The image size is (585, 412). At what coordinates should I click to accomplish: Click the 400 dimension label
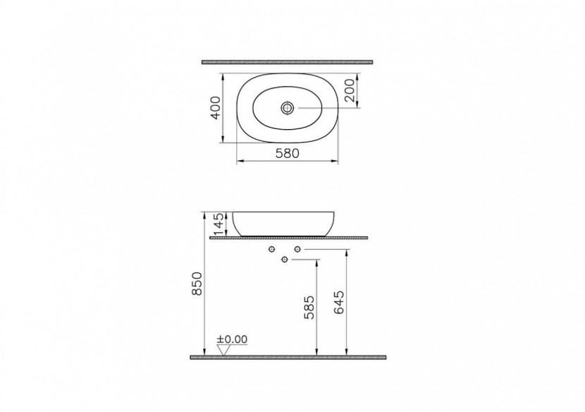coord(216,108)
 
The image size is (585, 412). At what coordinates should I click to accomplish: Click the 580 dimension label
coord(287,153)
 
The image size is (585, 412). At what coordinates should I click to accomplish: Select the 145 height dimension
coord(218,223)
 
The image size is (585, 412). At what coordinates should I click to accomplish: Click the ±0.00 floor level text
coord(233,339)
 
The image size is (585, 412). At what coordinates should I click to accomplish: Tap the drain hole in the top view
coord(288,108)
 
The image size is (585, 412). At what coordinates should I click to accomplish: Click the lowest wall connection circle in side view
coord(285,260)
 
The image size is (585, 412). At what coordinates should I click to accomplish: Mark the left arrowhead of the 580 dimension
coord(238,162)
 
